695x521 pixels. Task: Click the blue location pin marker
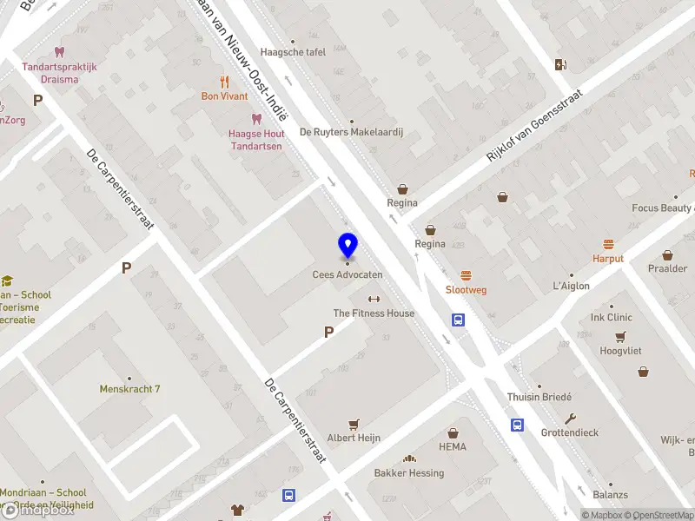tap(347, 245)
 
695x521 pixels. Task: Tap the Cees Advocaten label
tap(347, 274)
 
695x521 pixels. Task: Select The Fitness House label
tap(374, 313)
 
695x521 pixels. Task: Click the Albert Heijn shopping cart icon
tap(354, 425)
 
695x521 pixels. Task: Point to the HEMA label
tap(453, 447)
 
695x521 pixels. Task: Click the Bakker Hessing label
tap(408, 473)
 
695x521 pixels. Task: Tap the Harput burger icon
tap(609, 245)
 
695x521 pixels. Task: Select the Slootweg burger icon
tap(466, 275)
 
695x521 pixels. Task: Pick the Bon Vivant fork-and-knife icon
tap(224, 82)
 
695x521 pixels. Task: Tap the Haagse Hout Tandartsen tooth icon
tap(256, 119)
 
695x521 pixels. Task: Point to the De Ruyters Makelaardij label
tap(351, 133)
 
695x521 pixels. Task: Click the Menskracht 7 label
tap(130, 389)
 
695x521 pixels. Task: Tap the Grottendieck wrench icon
tap(570, 419)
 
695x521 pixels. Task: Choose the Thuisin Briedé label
tap(539, 397)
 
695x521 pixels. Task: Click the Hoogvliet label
tap(619, 351)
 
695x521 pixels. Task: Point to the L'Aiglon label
tap(571, 286)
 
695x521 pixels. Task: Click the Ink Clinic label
tap(611, 317)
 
